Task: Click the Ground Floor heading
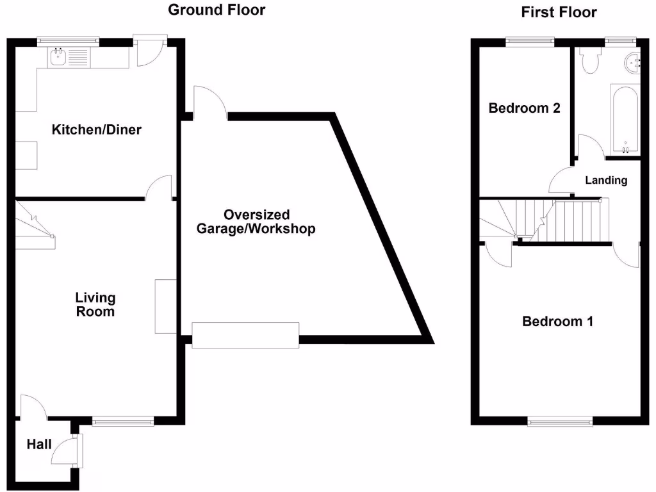click(217, 10)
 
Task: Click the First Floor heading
click(559, 12)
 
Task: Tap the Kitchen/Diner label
click(96, 130)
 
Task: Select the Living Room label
click(95, 304)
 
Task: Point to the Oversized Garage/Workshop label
click(256, 222)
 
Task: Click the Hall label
click(39, 444)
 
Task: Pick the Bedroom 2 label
click(524, 108)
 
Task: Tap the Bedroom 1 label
click(557, 321)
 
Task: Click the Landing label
click(606, 181)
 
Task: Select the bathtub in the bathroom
click(624, 119)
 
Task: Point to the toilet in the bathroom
click(589, 60)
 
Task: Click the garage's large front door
click(245, 335)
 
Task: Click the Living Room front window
click(122, 421)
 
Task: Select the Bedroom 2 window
click(529, 42)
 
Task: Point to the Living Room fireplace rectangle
click(165, 306)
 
